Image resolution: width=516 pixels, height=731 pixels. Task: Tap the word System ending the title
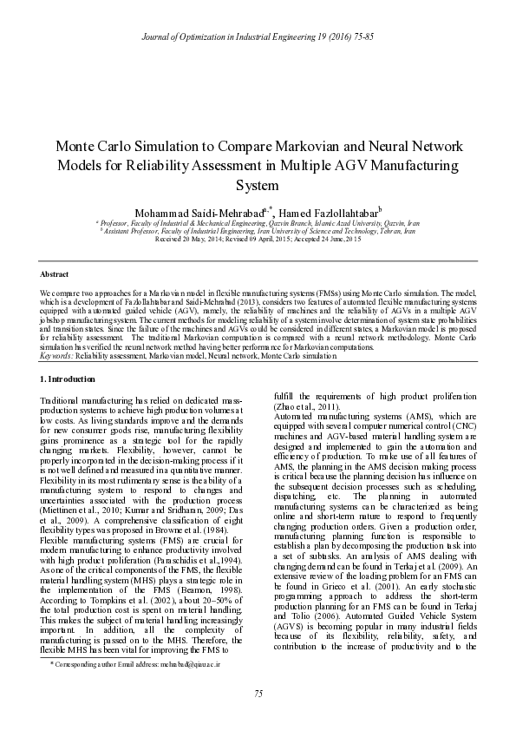258,185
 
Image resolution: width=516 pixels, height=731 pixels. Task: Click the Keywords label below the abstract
56,357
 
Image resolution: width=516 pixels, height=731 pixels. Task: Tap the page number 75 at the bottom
258,692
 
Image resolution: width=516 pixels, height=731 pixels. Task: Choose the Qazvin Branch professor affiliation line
258,222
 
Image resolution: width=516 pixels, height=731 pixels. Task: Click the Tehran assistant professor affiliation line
258,230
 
